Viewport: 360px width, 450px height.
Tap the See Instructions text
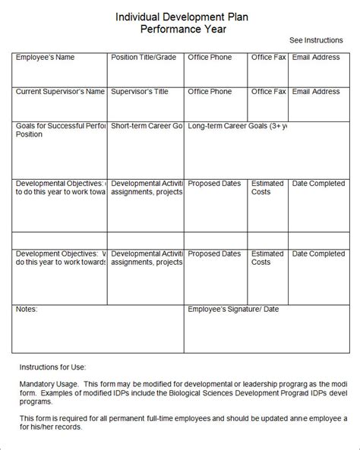pyautogui.click(x=317, y=39)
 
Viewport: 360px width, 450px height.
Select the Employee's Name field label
pyautogui.click(x=45, y=57)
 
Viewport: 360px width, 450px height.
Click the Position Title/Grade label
pyautogui.click(x=143, y=57)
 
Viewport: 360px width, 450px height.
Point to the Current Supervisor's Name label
pyautogui.click(x=60, y=92)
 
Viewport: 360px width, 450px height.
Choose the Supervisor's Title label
pyautogui.click(x=140, y=92)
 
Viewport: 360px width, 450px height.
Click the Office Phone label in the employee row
pyautogui.click(x=210, y=57)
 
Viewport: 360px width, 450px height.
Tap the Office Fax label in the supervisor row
pyautogui.click(x=268, y=92)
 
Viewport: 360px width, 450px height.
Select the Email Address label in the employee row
pyautogui.click(x=316, y=57)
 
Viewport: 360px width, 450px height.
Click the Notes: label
pyautogui.click(x=27, y=309)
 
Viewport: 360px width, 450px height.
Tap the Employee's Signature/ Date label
pyautogui.click(x=233, y=309)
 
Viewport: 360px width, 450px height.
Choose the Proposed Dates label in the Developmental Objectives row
pyautogui.click(x=216, y=183)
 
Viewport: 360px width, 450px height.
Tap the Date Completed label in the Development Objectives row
pyautogui.click(x=318, y=253)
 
